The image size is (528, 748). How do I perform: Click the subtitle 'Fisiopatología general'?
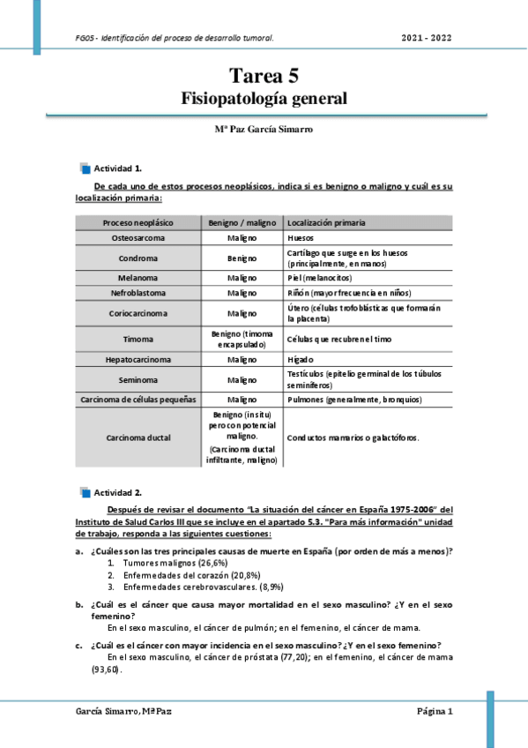(x=264, y=97)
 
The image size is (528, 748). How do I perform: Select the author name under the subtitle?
(x=264, y=128)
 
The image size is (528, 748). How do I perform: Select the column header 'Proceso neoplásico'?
(x=138, y=222)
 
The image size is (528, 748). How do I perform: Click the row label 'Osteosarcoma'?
(x=138, y=238)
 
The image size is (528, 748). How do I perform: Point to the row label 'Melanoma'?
(x=138, y=278)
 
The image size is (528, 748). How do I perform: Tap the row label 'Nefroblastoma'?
(x=138, y=293)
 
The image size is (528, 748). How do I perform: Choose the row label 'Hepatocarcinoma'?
(x=138, y=360)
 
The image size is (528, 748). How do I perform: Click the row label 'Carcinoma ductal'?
(x=138, y=437)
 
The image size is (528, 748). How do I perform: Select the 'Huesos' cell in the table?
(x=301, y=238)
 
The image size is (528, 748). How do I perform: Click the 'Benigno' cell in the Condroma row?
(x=242, y=258)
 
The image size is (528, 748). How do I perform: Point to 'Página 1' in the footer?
(x=435, y=711)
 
